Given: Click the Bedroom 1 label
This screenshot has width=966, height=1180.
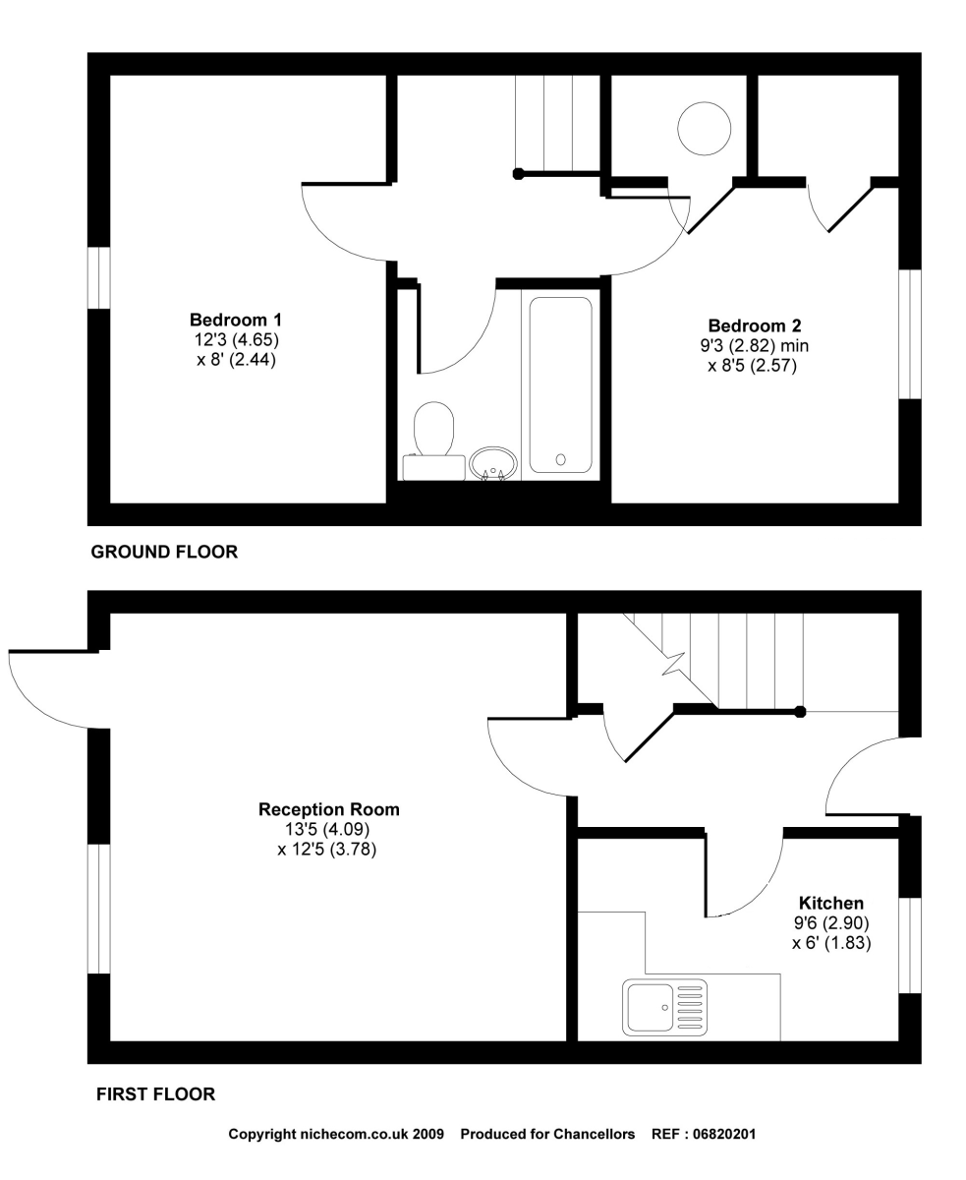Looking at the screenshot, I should click(236, 321).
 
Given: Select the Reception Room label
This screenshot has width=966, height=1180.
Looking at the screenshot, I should click(329, 810).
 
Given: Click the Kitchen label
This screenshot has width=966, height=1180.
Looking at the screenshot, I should click(831, 903).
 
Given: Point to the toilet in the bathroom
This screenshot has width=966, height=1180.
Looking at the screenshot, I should click(433, 431).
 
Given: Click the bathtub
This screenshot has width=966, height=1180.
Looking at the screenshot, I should click(561, 384).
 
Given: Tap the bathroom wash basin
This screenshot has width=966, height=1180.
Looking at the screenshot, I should click(493, 462).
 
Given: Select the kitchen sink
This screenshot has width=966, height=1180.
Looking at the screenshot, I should click(664, 1006).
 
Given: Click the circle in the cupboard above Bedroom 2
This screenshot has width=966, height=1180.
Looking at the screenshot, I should click(704, 128).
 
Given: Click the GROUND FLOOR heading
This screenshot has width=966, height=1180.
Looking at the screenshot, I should click(164, 553).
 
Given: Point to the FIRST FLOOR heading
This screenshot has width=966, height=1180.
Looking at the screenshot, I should click(155, 1093).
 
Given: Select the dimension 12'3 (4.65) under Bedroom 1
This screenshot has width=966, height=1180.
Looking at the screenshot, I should click(236, 340).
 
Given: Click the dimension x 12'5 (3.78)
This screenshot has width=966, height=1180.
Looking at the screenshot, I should click(327, 849).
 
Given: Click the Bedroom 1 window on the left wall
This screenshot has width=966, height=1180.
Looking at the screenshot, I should click(98, 277).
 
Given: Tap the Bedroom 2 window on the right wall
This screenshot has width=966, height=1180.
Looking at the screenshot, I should click(911, 333).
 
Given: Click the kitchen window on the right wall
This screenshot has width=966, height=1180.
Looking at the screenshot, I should click(911, 944).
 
